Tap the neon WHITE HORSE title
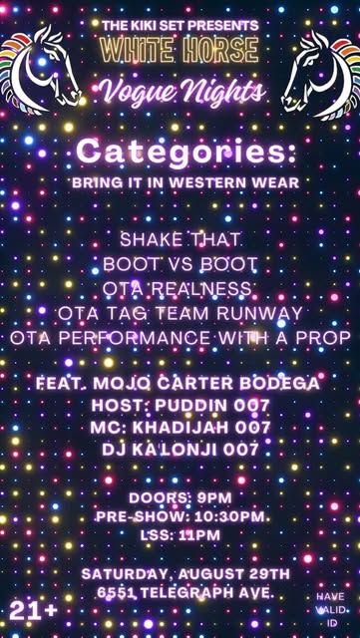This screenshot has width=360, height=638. [x=180, y=50]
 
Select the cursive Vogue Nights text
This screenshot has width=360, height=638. [x=180, y=91]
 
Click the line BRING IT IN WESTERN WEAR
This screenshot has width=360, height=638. [x=185, y=183]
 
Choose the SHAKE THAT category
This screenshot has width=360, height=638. [x=180, y=239]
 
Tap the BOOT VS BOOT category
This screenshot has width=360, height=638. [x=180, y=264]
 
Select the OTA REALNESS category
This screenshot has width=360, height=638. [x=178, y=288]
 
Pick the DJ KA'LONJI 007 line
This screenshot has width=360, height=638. [x=180, y=450]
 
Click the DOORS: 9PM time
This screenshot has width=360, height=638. [x=180, y=497]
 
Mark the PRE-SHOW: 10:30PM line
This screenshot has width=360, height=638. [x=180, y=516]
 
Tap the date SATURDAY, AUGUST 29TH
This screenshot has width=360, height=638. [x=185, y=574]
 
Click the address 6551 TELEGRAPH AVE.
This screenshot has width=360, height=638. [x=185, y=593]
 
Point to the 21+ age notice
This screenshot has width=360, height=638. [x=33, y=611]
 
